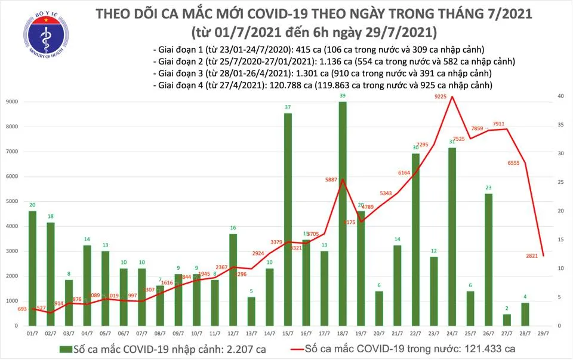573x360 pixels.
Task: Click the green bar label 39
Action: tap(342, 96)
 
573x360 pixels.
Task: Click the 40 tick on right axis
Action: tap(562, 96)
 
